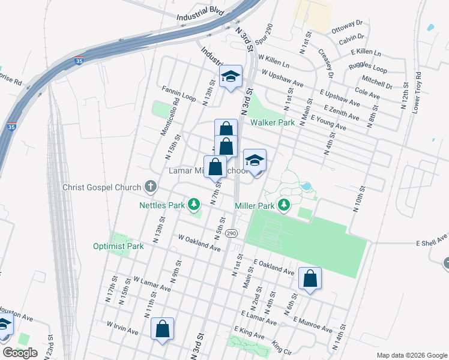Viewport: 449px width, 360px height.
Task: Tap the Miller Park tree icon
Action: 285,206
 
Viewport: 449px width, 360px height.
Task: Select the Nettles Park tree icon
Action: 194,205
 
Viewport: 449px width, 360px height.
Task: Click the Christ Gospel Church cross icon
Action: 150,187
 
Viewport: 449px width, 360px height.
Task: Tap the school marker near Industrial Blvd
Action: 231,77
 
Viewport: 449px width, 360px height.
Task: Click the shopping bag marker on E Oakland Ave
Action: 310,278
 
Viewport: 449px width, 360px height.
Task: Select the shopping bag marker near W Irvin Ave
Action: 162,329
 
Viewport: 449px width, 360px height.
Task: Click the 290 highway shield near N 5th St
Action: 232,233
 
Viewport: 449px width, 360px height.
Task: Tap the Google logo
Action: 20,352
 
